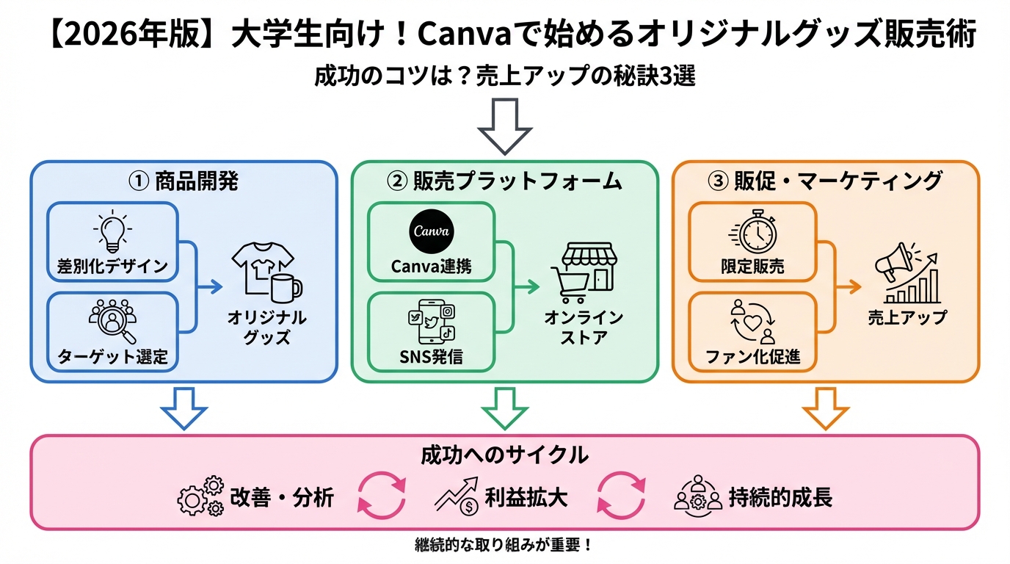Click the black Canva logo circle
pyautogui.click(x=431, y=231)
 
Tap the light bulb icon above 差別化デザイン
pyautogui.click(x=112, y=231)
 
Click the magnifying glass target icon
pyautogui.click(x=112, y=321)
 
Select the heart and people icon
pyautogui.click(x=752, y=323)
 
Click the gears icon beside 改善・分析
pyautogui.click(x=200, y=496)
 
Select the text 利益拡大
pyautogui.click(x=526, y=497)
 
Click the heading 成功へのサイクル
pyautogui.click(x=504, y=455)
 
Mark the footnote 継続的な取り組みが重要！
pyautogui.click(x=504, y=546)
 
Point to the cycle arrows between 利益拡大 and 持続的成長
pyautogui.click(x=621, y=496)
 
